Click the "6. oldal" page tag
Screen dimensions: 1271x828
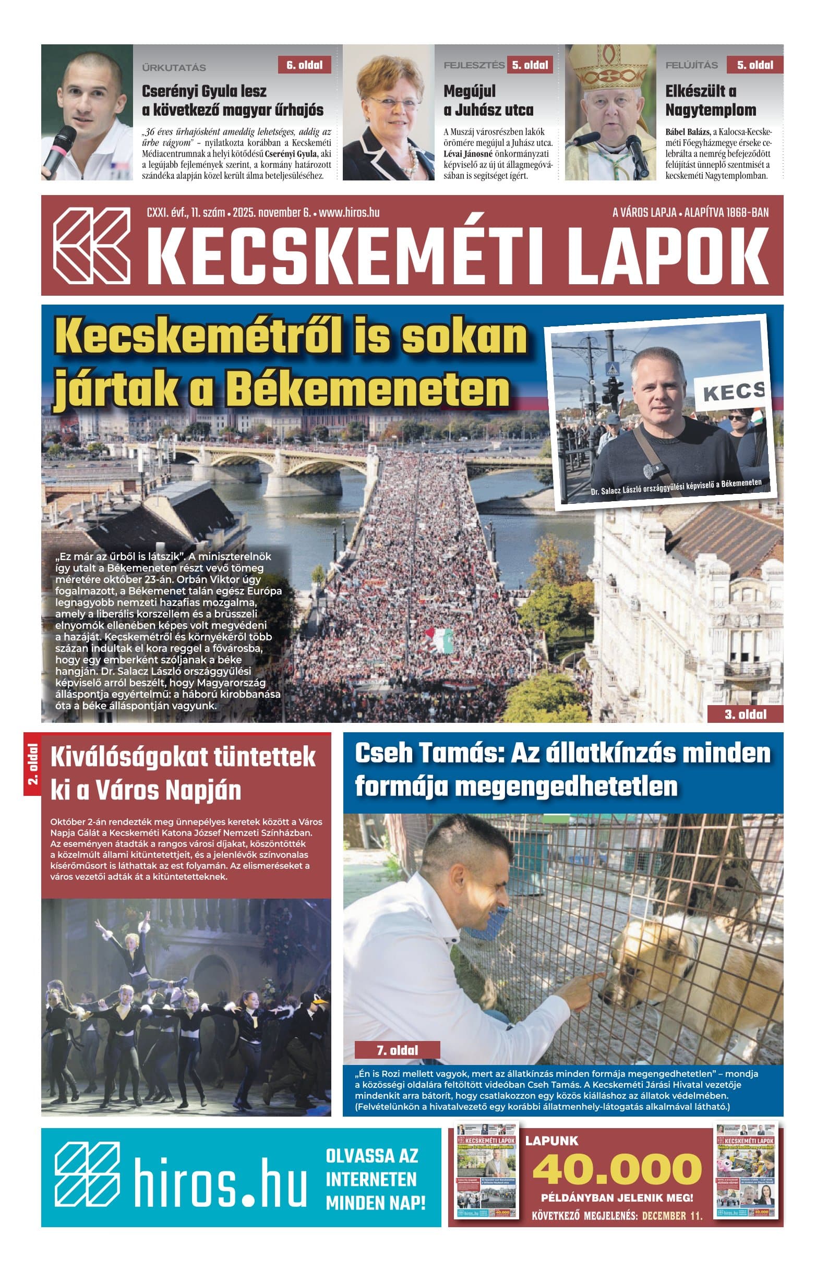pyautogui.click(x=304, y=65)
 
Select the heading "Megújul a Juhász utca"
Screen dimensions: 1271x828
pyautogui.click(x=488, y=101)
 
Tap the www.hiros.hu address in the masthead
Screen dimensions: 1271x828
pyautogui.click(x=349, y=213)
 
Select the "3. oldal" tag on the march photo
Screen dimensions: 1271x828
pyautogui.click(x=745, y=714)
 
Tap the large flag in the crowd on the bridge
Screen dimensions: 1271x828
pyautogui.click(x=440, y=639)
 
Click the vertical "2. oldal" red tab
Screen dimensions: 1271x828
pyautogui.click(x=32, y=765)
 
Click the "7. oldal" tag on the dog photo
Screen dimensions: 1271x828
pyautogui.click(x=397, y=1050)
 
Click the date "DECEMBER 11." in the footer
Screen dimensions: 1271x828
pyautogui.click(x=671, y=1216)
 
